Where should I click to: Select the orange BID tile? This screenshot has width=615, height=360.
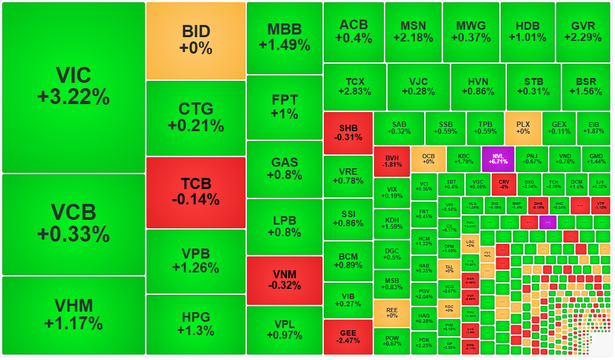[x=196, y=40]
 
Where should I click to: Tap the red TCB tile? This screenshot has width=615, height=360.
[x=196, y=192]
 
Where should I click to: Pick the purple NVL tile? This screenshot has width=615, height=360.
[x=498, y=159]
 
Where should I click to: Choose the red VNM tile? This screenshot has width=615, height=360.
[x=284, y=280]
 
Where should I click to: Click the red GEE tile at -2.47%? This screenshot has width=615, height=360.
[x=348, y=337]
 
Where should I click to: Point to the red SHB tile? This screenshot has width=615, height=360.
[x=348, y=133]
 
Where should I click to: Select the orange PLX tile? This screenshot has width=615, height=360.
[x=523, y=127]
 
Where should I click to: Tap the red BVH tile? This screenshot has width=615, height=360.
[x=392, y=161]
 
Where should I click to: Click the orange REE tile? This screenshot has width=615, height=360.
[x=392, y=313]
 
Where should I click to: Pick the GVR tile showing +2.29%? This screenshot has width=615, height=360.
[x=583, y=32]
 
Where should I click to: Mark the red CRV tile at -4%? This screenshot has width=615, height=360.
[x=504, y=184]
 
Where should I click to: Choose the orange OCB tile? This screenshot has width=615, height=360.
[x=428, y=159]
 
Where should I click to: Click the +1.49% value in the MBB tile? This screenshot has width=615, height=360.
[x=284, y=46]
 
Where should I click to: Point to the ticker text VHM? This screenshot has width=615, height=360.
[x=73, y=306]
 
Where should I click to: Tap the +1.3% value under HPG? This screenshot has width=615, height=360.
[x=196, y=331]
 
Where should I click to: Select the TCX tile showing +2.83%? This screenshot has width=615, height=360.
[x=354, y=87]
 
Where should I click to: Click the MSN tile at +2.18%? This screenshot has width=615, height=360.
[x=413, y=32]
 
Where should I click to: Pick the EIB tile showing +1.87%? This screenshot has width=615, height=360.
[x=593, y=127]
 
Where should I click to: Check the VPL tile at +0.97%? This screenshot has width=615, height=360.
[x=284, y=330]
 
